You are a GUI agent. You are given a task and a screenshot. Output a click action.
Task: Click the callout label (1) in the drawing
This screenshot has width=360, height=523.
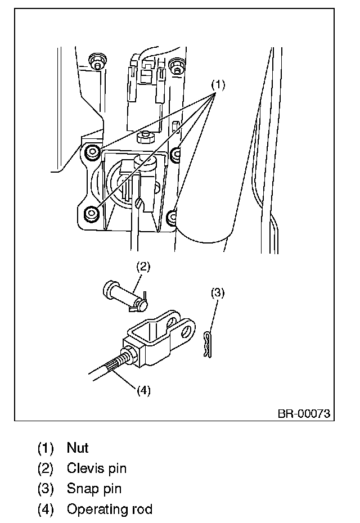(x=218, y=85)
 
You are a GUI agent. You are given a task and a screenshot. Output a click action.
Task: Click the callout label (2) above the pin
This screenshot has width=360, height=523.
(x=143, y=267)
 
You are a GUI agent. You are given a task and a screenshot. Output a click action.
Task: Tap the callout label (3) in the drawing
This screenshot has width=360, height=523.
(x=218, y=292)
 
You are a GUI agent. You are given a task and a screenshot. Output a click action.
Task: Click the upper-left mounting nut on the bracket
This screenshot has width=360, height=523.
(x=91, y=151)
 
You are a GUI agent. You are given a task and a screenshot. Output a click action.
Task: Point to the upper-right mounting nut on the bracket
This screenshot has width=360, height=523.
(x=177, y=152)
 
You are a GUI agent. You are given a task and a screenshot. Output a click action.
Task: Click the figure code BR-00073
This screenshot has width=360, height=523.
(x=303, y=414)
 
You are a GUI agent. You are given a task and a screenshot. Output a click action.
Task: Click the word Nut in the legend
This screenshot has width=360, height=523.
(x=78, y=448)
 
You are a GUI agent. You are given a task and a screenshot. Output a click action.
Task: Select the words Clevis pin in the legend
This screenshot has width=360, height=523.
(x=96, y=468)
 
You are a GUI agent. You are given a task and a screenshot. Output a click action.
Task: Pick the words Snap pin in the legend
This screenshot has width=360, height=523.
(x=94, y=489)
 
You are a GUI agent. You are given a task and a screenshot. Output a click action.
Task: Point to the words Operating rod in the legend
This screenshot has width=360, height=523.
(x=109, y=510)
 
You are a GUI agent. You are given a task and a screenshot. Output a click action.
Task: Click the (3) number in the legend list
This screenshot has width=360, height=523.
(x=45, y=489)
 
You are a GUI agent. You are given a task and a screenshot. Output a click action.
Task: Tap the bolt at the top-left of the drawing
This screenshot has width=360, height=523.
(x=97, y=62)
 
